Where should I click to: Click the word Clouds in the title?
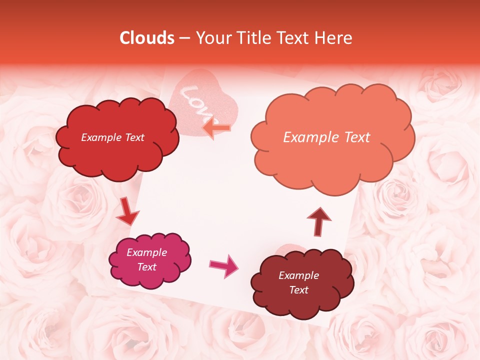coord(147,38)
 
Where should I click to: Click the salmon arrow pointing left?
coord(216,128)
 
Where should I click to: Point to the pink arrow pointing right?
coord(223,265)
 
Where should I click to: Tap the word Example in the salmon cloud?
coord(310,137)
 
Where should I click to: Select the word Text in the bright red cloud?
coord(134,137)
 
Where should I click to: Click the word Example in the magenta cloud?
coord(147,252)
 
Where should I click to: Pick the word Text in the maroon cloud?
coord(299,290)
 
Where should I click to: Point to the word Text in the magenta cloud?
coord(147,267)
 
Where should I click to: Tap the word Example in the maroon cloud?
coord(299,275)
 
